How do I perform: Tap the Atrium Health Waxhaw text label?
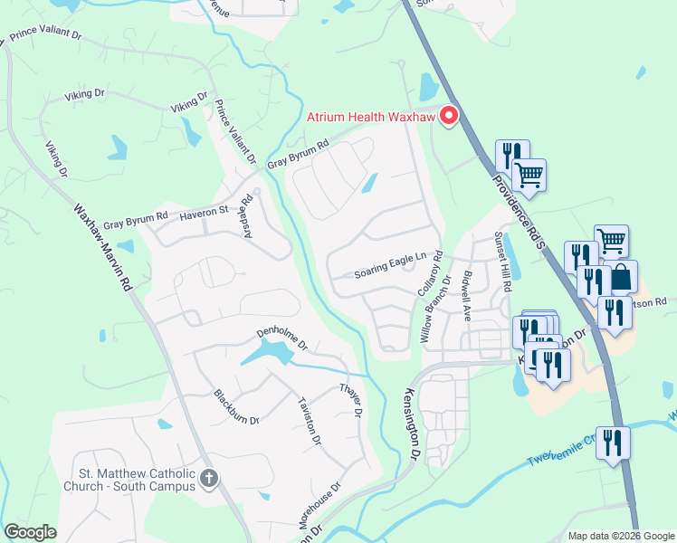[x=371, y=117]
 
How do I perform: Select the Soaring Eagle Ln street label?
[x=389, y=262]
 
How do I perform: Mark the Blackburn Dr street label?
[x=236, y=407]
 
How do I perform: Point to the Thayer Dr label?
[x=350, y=399]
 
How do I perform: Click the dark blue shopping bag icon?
[x=621, y=278]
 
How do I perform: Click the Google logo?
[x=30, y=532]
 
